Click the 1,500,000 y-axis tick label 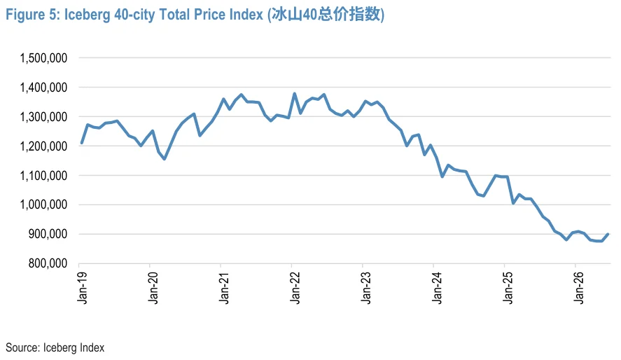pyautogui.click(x=43, y=58)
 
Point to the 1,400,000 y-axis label pyautogui.click(x=43, y=88)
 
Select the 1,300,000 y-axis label pyautogui.click(x=43, y=117)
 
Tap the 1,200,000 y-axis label pyautogui.click(x=43, y=146)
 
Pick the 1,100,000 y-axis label pyautogui.click(x=43, y=175)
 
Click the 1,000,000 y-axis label pyautogui.click(x=43, y=205)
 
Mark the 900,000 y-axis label pyautogui.click(x=48, y=234)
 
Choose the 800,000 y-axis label pyautogui.click(x=48, y=263)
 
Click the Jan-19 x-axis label pyautogui.click(x=83, y=288)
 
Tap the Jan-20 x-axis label pyautogui.click(x=153, y=288)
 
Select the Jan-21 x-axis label pyautogui.click(x=224, y=288)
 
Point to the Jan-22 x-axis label pyautogui.click(x=295, y=288)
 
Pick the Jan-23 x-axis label pyautogui.click(x=366, y=288)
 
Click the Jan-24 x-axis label pyautogui.click(x=437, y=288)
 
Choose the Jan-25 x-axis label pyautogui.click(x=508, y=288)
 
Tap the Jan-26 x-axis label pyautogui.click(x=578, y=288)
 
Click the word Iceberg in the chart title pyautogui.click(x=87, y=15)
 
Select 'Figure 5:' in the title pyautogui.click(x=32, y=15)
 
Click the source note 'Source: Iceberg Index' pyautogui.click(x=55, y=347)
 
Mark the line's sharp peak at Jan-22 pyautogui.click(x=294, y=94)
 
